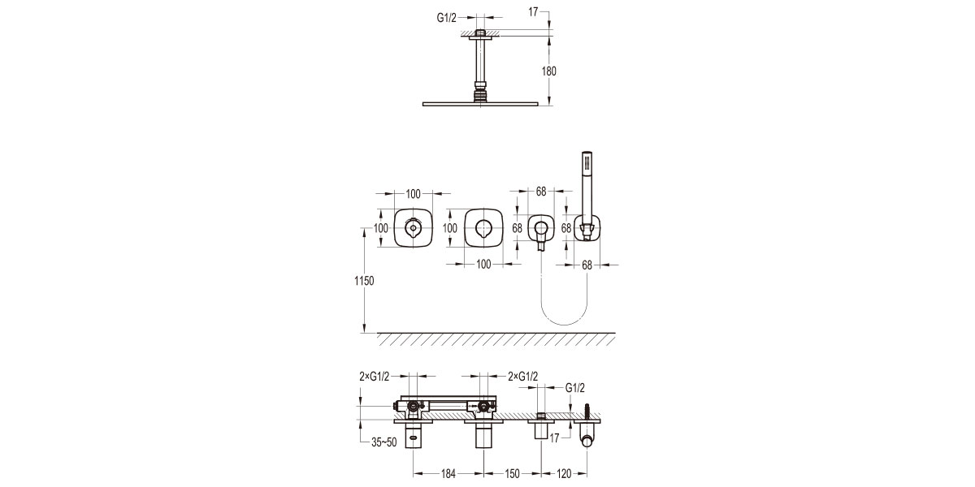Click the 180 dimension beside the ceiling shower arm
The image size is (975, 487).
point(549,71)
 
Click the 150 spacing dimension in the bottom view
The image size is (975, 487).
point(513,472)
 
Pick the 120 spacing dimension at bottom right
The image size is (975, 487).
point(564,472)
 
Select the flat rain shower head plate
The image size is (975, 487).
point(482,103)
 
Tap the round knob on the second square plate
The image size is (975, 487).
point(485,228)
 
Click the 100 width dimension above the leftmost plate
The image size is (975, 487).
point(414,193)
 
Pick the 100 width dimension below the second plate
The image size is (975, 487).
point(484,264)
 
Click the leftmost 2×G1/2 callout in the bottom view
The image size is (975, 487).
point(375,377)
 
